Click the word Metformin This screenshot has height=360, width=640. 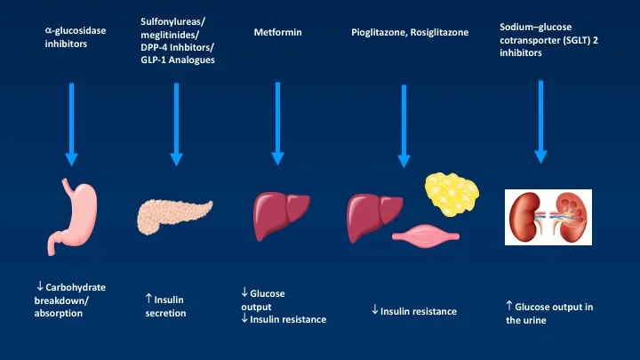(x=277, y=33)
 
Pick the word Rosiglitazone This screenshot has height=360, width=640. (x=440, y=33)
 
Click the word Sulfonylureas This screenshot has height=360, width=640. (x=170, y=20)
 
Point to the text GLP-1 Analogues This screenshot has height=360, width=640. (x=178, y=60)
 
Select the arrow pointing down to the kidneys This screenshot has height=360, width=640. (x=540, y=121)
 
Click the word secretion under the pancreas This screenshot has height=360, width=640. (x=165, y=313)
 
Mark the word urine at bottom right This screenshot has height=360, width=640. (x=534, y=320)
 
